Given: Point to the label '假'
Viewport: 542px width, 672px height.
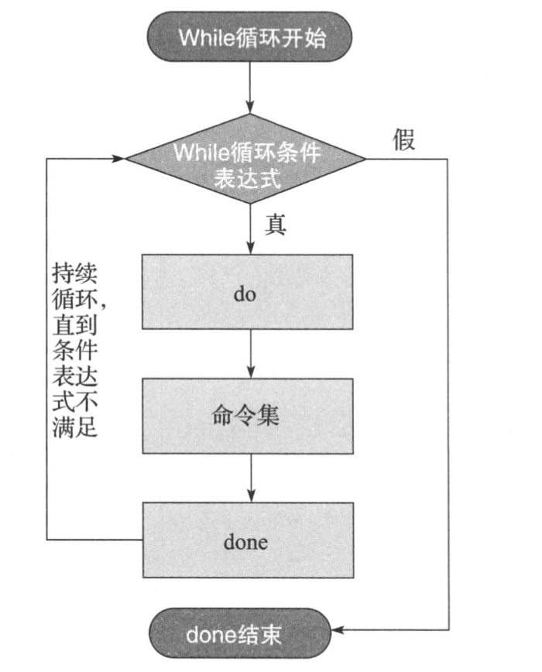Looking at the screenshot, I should (x=403, y=140).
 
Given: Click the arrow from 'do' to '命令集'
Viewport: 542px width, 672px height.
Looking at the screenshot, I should (x=249, y=355).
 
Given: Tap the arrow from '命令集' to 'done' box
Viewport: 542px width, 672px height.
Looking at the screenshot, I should (x=249, y=478).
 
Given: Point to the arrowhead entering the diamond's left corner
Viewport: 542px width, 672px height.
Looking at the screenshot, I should (x=118, y=159).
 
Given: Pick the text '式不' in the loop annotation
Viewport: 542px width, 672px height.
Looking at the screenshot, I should (x=75, y=402).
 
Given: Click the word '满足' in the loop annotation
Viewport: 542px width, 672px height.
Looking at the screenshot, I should (x=75, y=427).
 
